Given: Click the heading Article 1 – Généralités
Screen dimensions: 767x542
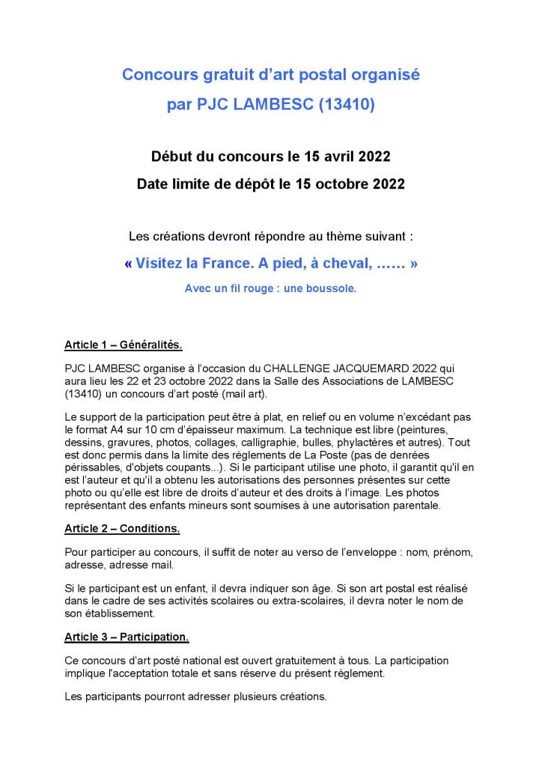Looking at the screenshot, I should coord(124,345).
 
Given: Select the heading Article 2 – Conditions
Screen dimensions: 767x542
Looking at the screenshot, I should coord(122,528).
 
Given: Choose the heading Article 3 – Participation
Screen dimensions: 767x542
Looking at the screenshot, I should coord(127,637).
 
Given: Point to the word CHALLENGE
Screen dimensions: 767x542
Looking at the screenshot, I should coord(291,369).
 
